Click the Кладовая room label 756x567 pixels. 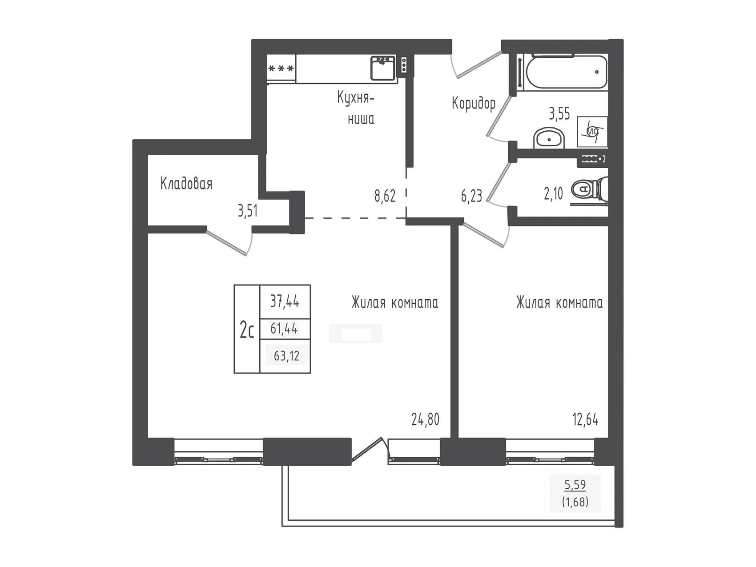pos(186,183)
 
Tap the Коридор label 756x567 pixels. pos(474,104)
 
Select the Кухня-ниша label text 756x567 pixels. pos(356,108)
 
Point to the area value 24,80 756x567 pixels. pos(425,419)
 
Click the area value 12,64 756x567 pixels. pos(585,419)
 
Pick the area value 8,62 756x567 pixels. pos(385,196)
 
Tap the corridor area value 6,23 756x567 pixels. pos(471,196)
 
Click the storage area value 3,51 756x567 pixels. pos(248,211)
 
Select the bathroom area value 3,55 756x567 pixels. pos(559,114)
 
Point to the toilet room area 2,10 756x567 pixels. pos(553,193)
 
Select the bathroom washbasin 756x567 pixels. pos(549,138)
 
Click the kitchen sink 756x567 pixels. pos(383,68)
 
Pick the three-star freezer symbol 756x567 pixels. pos(281,68)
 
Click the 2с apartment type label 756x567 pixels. pos(247,331)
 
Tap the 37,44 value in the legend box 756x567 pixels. pos(285,302)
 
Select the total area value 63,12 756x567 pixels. pos(287,356)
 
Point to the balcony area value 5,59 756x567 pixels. pos(575,484)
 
